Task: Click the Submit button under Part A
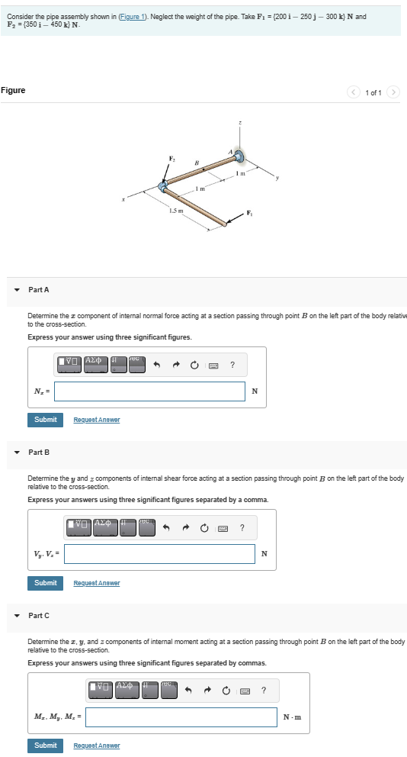[x=45, y=419]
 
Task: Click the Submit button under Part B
[x=45, y=582]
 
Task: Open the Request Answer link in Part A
[x=96, y=420]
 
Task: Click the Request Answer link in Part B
[x=96, y=583]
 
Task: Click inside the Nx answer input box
[x=149, y=391]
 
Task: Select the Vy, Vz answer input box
[x=159, y=554]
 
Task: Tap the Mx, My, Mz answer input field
[x=181, y=717]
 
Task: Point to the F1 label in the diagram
[x=248, y=212]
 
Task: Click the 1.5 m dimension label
[x=175, y=210]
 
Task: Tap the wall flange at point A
[x=239, y=157]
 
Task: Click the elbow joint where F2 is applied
[x=162, y=187]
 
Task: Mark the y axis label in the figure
[x=278, y=180]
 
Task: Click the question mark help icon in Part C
[x=263, y=691]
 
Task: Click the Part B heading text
[x=39, y=453]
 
